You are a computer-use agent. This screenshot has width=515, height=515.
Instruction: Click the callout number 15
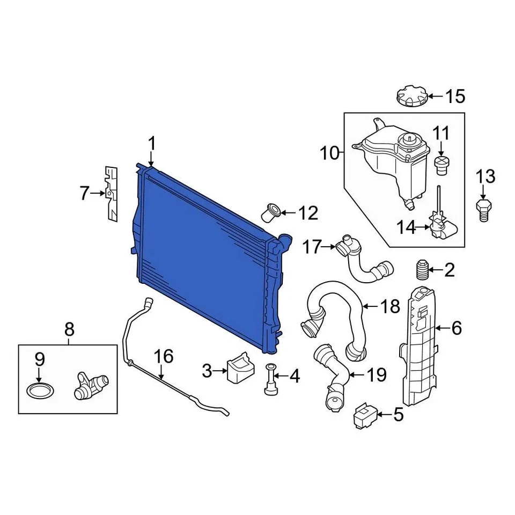pos(455,97)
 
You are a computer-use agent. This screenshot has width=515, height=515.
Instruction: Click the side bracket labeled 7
pos(111,193)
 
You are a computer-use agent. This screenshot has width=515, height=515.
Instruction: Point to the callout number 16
pos(164,356)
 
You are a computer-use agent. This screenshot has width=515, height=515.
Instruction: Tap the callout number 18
pos(390,307)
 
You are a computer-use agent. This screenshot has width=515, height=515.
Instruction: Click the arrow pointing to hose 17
pos(329,247)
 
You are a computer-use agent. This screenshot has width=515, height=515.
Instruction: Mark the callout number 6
pos(456,328)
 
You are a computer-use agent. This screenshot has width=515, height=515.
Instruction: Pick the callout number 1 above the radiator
pos(152,143)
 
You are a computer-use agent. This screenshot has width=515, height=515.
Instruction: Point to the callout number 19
pos(376,374)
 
